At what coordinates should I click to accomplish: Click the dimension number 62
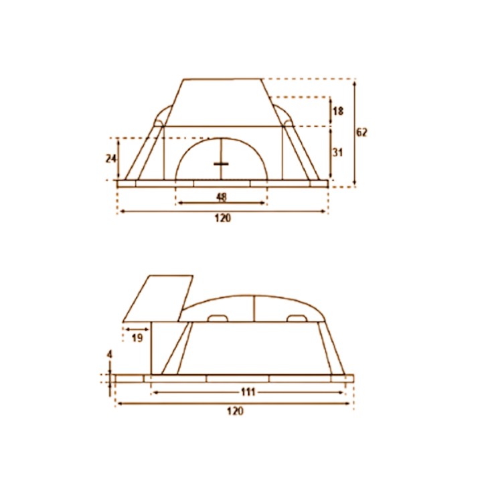[361, 133]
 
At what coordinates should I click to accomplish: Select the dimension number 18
[338, 111]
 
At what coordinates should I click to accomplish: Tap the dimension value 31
[337, 153]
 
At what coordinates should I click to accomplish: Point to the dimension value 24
[110, 159]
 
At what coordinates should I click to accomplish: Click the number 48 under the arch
[222, 197]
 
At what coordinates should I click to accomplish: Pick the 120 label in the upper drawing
[222, 218]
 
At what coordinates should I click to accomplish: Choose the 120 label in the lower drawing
[235, 410]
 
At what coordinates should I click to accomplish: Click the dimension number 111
[248, 392]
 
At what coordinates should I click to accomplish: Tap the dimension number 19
[137, 338]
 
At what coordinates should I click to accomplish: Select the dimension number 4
[110, 354]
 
